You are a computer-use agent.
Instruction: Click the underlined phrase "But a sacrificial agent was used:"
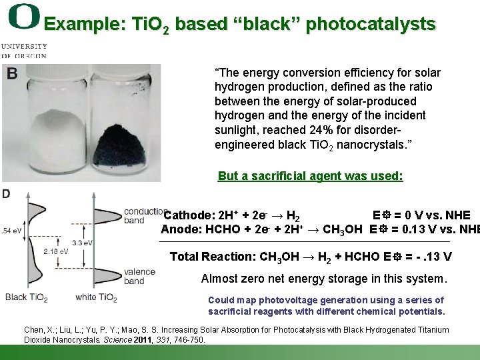coord(310,176)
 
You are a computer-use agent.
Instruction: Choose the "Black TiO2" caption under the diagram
coord(26,297)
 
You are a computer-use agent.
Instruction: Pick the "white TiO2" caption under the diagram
coord(96,297)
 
